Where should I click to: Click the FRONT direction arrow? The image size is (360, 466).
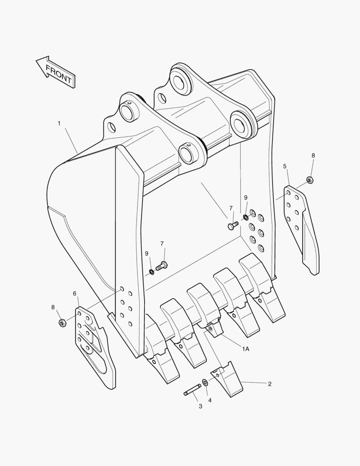[x=56, y=72]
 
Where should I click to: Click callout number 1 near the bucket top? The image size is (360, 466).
[x=59, y=123]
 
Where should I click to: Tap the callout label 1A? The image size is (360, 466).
[x=245, y=349]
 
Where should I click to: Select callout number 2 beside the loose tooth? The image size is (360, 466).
[x=269, y=384]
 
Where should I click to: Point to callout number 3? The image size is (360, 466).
[x=200, y=406]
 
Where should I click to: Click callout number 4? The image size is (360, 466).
[x=210, y=400]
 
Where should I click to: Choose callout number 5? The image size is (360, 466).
[x=285, y=166]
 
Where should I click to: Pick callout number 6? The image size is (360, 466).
[x=75, y=294]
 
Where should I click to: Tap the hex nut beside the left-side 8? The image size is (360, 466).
[x=62, y=322]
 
